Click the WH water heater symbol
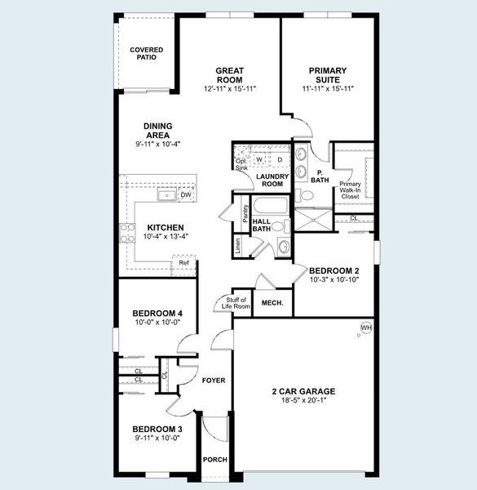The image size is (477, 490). [x=365, y=328]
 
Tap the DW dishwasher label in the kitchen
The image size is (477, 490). [x=185, y=195]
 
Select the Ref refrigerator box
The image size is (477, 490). [x=184, y=262]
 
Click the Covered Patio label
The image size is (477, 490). [x=146, y=54]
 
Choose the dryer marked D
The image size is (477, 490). [x=279, y=159]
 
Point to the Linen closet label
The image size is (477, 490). [x=237, y=247]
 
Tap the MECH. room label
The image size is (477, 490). [x=272, y=303]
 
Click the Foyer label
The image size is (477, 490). [x=214, y=381]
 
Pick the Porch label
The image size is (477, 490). [x=214, y=459]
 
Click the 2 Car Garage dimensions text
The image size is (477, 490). [x=303, y=400]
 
